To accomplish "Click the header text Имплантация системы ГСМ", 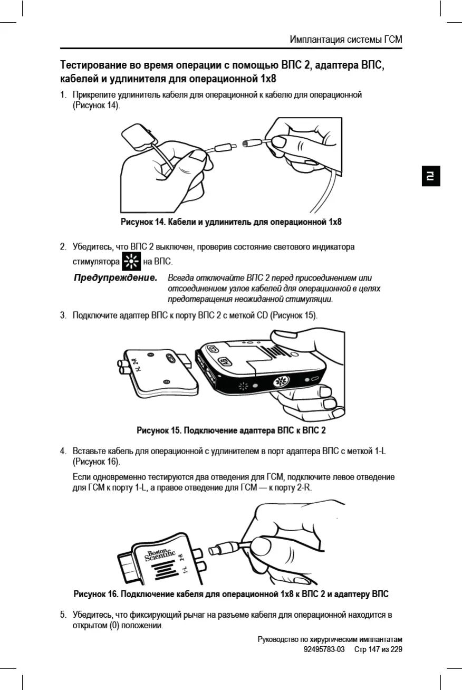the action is pos(346,40).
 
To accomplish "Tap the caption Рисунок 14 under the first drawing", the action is pos(231,222).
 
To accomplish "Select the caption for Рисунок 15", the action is pos(231,430).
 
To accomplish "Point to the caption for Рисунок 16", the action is pos(231,594).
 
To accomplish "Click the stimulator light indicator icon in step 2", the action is pos(131,261).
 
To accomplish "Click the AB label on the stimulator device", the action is pos(224,362).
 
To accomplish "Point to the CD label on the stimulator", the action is pos(212,349).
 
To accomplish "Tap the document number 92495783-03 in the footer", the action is pos(324,649).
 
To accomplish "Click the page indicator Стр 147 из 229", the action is pos(378,649).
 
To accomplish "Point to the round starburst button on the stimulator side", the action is pos(280,382).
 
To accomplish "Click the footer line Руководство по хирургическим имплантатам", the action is pos(330,639).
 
